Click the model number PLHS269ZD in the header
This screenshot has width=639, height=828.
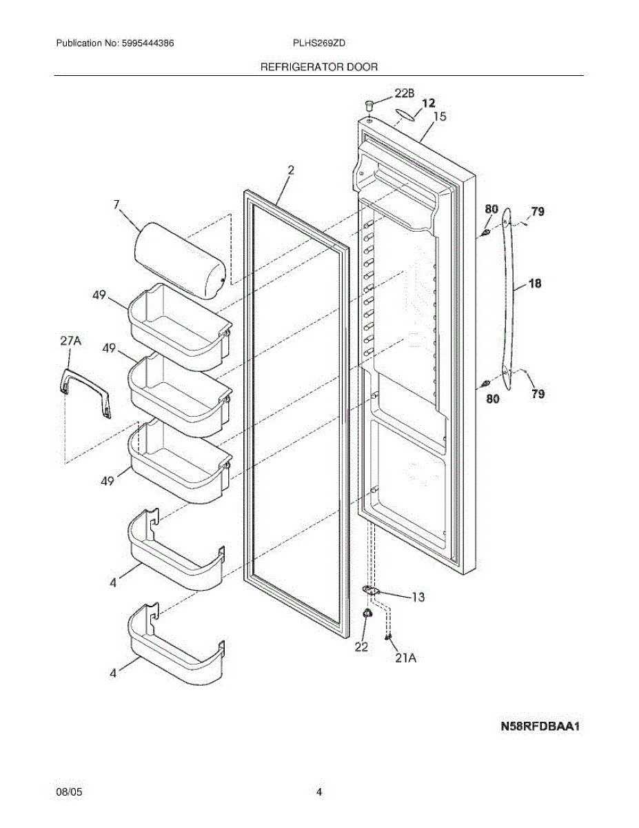click(x=318, y=43)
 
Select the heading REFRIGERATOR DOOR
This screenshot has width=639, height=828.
click(x=318, y=67)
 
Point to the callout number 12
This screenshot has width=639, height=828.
click(x=429, y=103)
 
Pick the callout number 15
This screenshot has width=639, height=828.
click(x=439, y=117)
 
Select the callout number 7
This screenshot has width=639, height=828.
click(x=116, y=205)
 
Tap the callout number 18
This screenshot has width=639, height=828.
click(x=536, y=283)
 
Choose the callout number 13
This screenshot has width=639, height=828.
click(x=418, y=597)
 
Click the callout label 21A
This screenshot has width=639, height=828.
click(x=405, y=658)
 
